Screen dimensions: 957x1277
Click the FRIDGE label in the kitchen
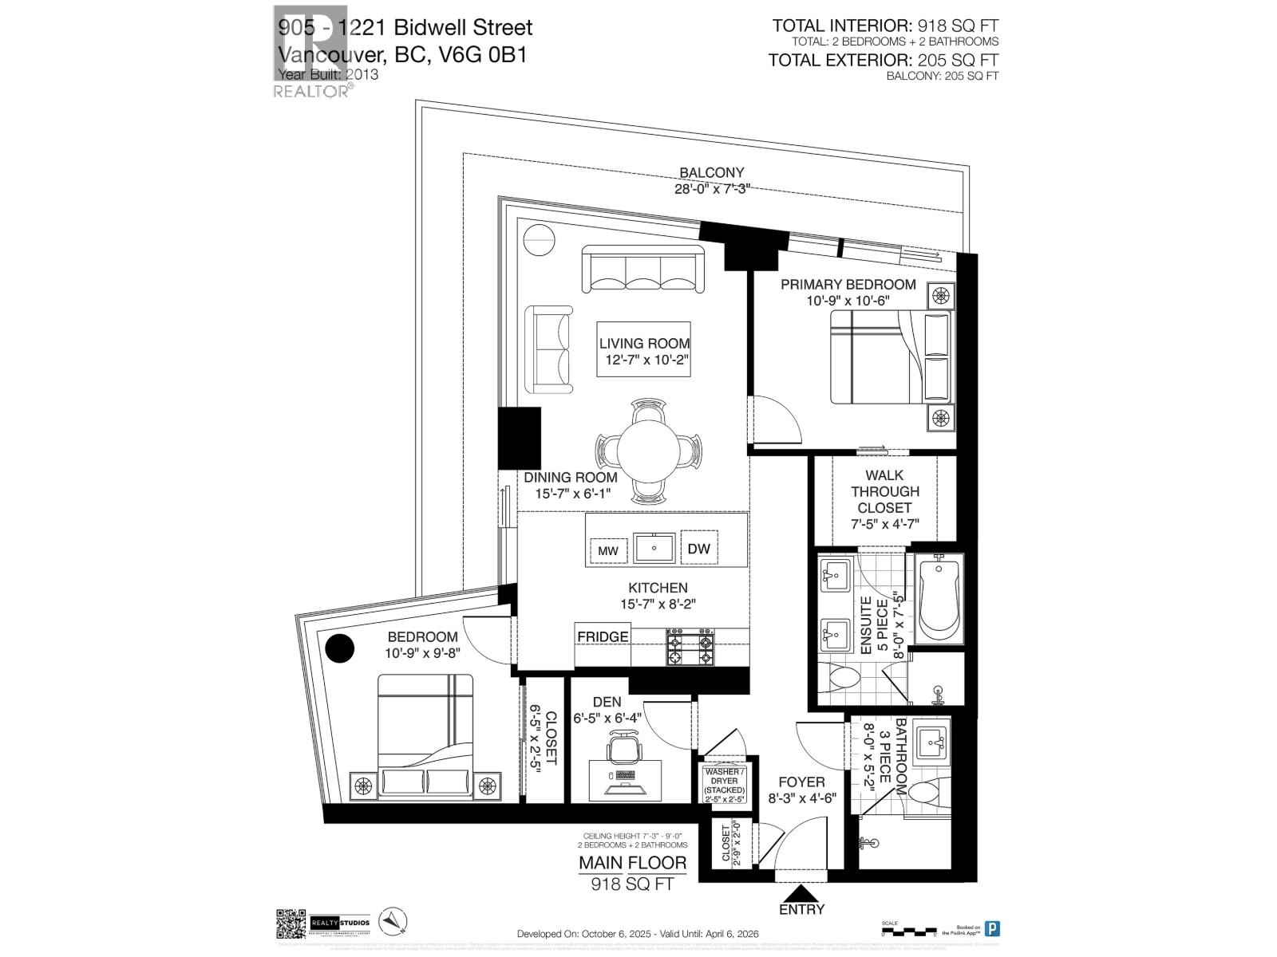click(x=603, y=636)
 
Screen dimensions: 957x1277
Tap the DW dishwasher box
click(x=698, y=549)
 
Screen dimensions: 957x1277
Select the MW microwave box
click(x=608, y=551)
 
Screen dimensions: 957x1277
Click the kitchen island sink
click(x=654, y=549)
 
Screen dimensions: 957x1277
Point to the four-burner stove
click(x=691, y=648)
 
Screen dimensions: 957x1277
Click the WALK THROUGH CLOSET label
click(x=884, y=491)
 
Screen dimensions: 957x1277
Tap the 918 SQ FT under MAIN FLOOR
click(x=632, y=884)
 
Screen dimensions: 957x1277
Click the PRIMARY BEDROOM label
click(x=848, y=285)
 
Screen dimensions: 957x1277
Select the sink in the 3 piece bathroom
click(x=931, y=743)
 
